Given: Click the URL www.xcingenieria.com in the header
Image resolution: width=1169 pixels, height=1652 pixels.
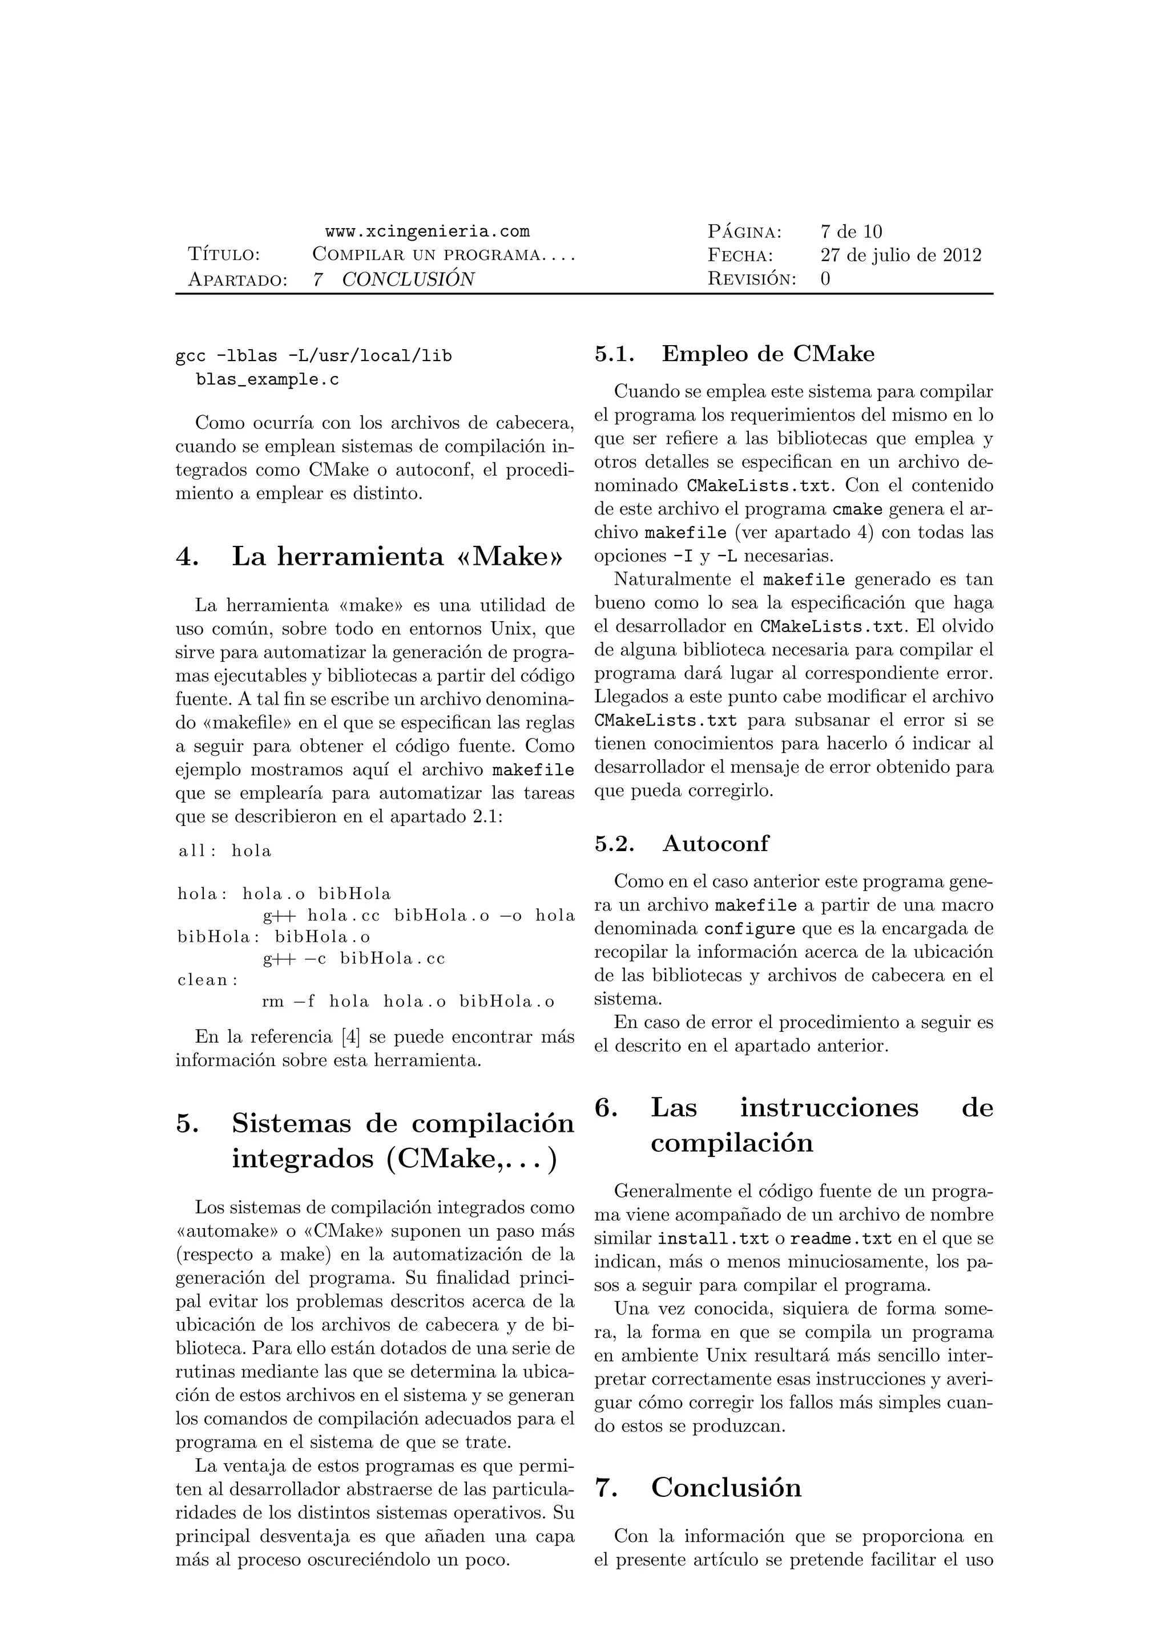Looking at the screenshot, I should point(427,232).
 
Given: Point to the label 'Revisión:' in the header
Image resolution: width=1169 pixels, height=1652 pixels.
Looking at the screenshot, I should point(752,279).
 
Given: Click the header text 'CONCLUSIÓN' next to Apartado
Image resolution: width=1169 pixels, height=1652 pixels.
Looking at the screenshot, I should point(408,279).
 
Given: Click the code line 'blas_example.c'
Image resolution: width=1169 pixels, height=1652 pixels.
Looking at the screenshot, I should point(267,380).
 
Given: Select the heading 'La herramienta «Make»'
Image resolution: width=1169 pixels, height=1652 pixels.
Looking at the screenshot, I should point(397,556).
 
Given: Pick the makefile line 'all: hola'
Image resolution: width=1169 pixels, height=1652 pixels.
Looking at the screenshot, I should point(225,851).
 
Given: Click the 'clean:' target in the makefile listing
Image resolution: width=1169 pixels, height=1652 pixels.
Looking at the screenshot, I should point(208,980).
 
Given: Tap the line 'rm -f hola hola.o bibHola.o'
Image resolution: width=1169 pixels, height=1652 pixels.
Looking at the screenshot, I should point(408,1002).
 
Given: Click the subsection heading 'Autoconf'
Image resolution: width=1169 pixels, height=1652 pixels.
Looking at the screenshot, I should point(716,843).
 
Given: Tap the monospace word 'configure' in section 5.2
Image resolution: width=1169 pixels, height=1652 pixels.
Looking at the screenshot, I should point(749,929).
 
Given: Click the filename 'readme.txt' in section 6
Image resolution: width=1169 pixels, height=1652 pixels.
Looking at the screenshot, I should point(841,1239).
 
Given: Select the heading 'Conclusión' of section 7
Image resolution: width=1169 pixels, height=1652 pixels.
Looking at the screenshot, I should point(725,1487).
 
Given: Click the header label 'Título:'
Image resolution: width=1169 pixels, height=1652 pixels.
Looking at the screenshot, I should point(224,256).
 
